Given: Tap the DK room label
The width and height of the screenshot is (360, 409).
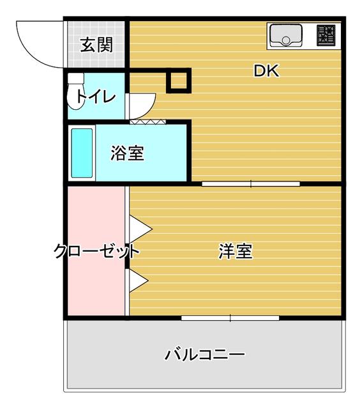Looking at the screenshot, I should point(266,71).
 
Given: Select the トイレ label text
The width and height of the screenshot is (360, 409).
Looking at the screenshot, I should point(96,97).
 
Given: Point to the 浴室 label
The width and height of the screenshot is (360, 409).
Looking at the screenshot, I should point(126,153).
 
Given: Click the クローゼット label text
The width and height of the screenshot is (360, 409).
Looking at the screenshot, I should point(96,251).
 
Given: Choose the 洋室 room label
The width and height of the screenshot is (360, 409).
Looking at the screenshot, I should point(236,251).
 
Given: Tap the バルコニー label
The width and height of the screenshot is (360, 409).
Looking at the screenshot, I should point(204,354).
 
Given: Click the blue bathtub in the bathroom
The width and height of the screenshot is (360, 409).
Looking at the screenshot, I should point(82,153).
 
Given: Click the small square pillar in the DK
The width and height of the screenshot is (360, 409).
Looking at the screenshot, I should point(178,81).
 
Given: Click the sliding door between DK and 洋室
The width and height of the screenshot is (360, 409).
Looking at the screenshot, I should point(251,185).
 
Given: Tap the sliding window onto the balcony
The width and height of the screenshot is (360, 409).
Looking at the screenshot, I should point(230,318).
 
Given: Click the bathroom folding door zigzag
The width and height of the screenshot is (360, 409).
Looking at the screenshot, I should point(148,121).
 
